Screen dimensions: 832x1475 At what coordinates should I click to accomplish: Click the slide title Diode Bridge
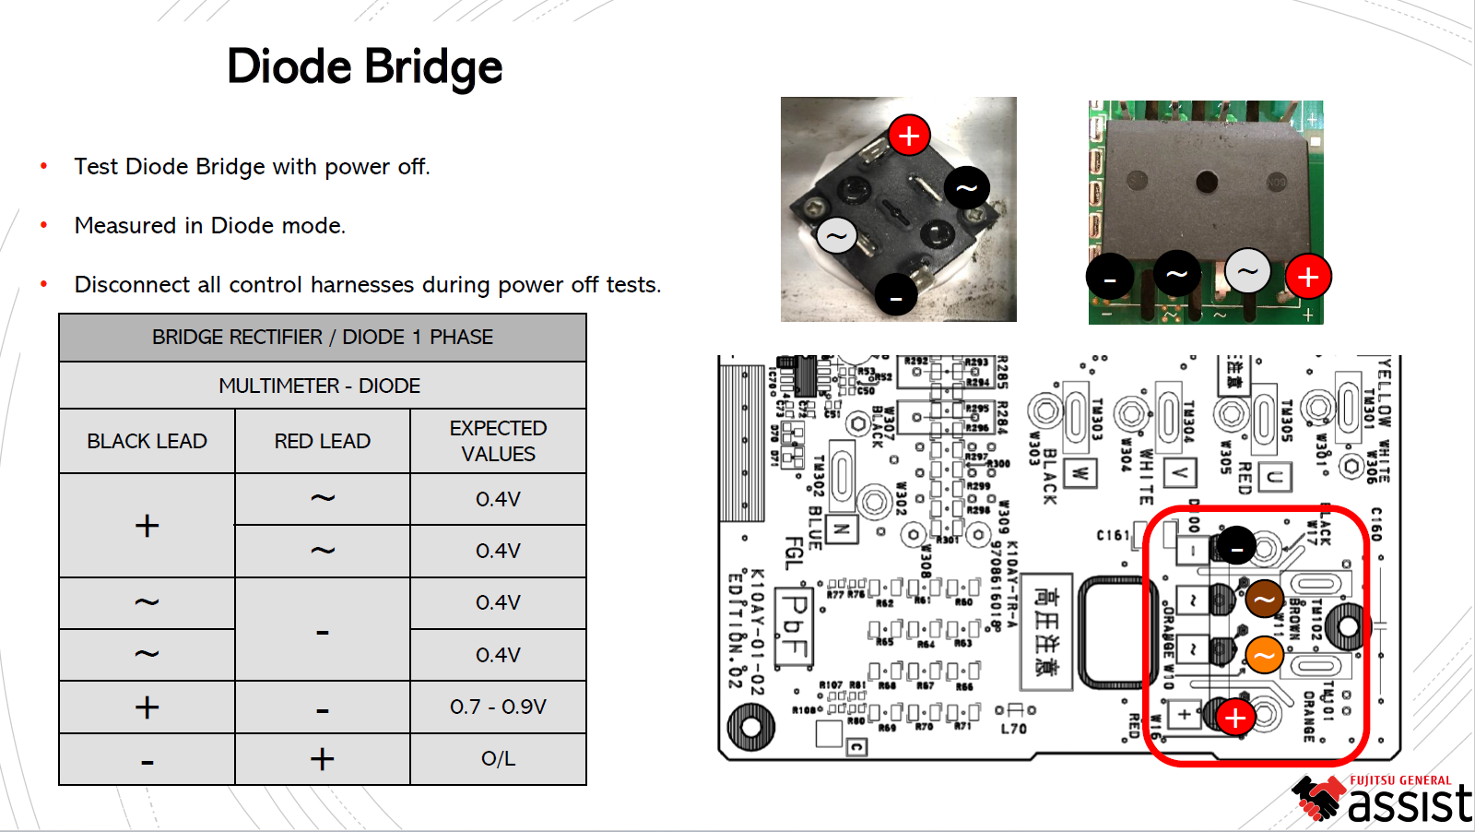364,67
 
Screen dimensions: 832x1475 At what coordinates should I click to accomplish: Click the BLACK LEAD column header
147,442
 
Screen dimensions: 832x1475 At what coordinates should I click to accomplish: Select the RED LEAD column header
322,442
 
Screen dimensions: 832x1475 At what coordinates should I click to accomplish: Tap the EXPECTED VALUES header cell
498,441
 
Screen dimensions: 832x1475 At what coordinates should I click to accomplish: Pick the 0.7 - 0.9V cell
498,707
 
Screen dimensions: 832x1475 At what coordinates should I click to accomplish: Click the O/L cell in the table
498,759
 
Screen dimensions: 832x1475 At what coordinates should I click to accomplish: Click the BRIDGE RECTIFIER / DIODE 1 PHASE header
323,338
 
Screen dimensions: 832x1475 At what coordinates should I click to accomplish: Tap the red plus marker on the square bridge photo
909,136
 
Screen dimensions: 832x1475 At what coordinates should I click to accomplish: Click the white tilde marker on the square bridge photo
836,236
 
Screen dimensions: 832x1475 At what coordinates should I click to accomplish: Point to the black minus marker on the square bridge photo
895,296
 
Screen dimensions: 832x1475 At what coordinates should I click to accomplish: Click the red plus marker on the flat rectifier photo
1307,277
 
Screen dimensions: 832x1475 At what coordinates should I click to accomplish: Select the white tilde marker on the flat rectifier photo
1247,272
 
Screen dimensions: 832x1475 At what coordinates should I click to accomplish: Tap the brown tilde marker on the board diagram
1264,599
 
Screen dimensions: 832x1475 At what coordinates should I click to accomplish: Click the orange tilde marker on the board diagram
1264,656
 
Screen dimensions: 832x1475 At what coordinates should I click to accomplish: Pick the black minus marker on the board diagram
1236,546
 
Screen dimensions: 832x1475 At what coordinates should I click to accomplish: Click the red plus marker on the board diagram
1235,717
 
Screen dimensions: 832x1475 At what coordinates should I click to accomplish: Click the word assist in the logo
1410,803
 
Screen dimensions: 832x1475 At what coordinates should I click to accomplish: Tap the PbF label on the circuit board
793,627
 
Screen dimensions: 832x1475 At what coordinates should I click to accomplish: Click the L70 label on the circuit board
1013,729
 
